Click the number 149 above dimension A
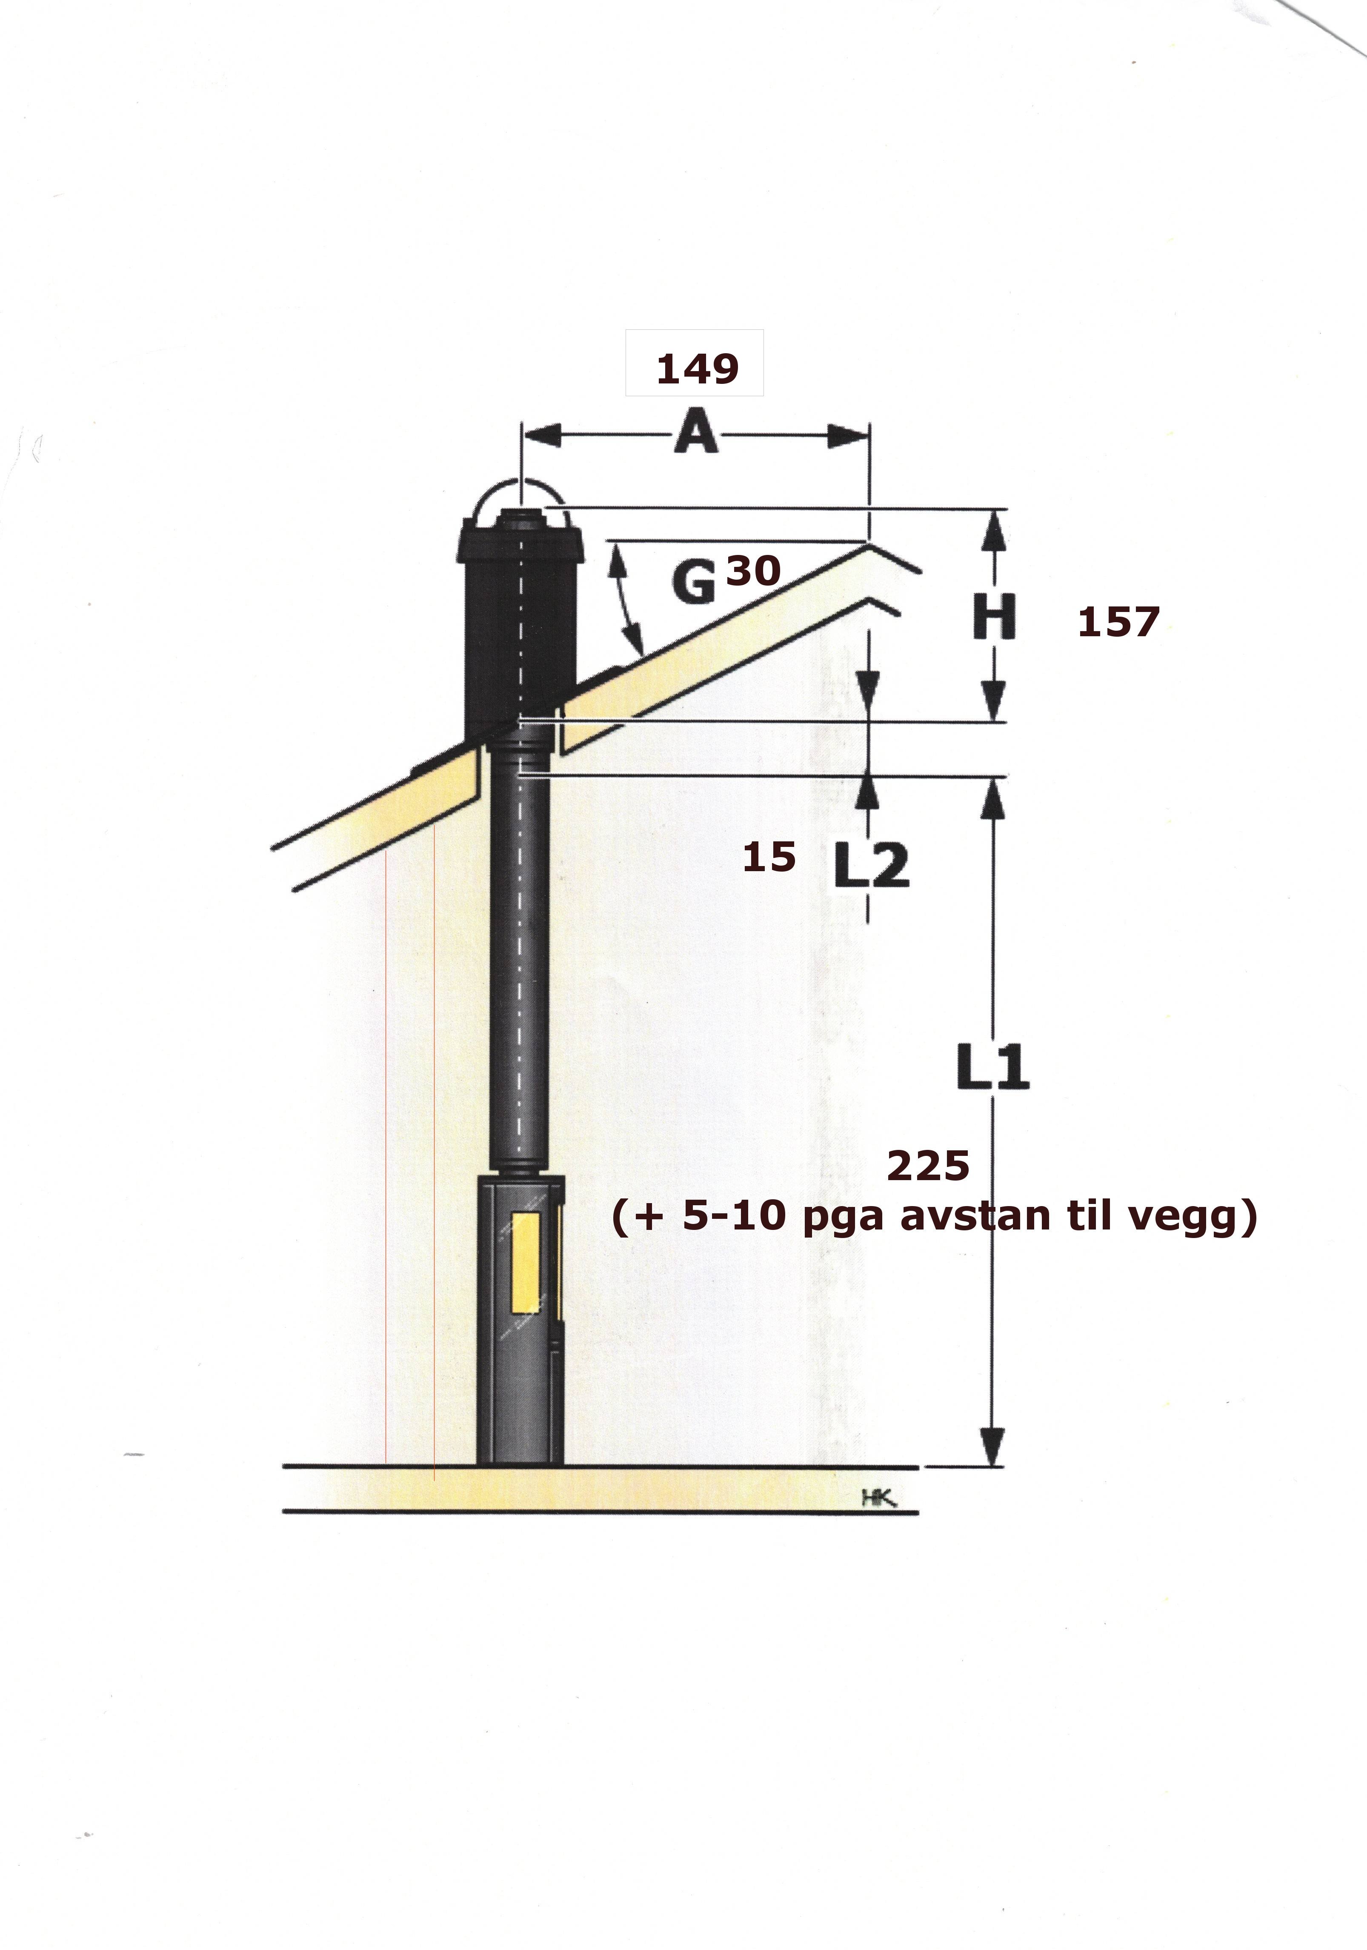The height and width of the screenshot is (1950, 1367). coord(697,369)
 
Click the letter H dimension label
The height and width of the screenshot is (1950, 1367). coord(993,618)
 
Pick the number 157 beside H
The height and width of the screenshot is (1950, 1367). coord(1117,623)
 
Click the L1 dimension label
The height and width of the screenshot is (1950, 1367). coord(992,1067)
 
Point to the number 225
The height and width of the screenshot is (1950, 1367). coord(928,1166)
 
